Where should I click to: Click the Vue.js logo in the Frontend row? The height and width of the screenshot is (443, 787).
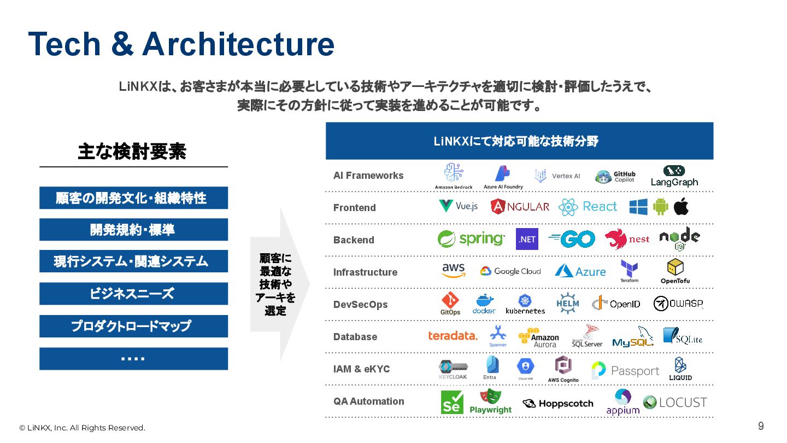(x=458, y=206)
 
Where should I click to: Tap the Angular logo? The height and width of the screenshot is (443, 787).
(x=520, y=206)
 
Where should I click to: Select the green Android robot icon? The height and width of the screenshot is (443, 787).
(x=661, y=207)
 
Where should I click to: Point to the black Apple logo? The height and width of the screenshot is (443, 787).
(x=681, y=207)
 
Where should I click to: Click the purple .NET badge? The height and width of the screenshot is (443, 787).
(x=527, y=239)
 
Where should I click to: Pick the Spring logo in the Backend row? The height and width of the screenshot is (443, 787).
(x=471, y=239)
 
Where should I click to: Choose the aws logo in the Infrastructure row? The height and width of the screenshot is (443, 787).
(x=453, y=270)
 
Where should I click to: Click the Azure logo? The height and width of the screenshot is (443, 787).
(x=580, y=271)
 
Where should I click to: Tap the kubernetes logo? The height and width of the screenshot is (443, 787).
(x=525, y=304)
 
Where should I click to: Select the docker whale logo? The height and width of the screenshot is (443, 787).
(x=484, y=304)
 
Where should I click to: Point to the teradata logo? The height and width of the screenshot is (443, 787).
(x=453, y=336)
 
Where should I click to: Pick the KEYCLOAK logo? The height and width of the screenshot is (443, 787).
(x=453, y=370)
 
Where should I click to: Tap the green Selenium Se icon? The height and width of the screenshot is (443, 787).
(x=452, y=403)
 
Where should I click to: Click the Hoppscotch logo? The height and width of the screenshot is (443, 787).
(x=558, y=404)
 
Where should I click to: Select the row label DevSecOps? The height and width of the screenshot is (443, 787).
(x=360, y=305)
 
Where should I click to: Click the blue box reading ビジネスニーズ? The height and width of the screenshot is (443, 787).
(x=133, y=294)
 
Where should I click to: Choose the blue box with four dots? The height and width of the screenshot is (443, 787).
(x=133, y=359)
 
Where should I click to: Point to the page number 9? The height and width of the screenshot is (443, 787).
(x=761, y=426)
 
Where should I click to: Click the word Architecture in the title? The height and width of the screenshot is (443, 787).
(x=238, y=44)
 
